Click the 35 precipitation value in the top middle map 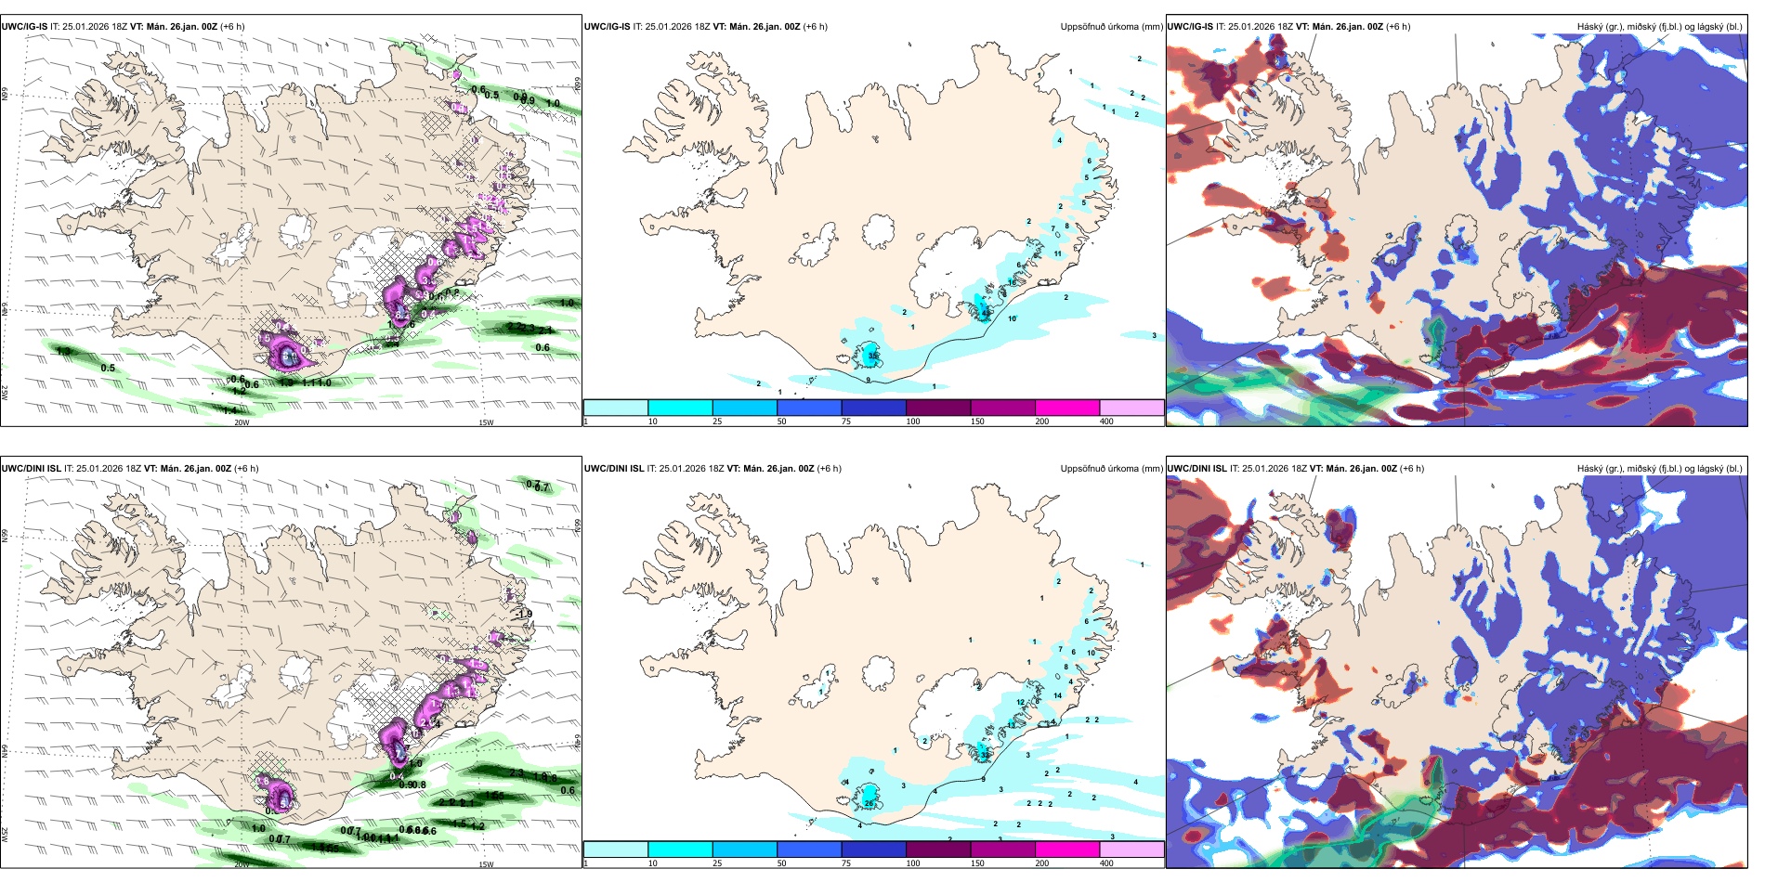[x=872, y=356]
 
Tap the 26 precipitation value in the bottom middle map [x=869, y=803]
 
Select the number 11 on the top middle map [x=1058, y=253]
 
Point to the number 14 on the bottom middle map [x=1058, y=695]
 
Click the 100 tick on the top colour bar [x=913, y=422]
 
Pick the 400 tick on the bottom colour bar [x=1106, y=863]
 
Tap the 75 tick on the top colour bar [x=846, y=422]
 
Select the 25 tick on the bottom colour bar [x=717, y=863]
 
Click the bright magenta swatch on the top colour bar [x=1067, y=408]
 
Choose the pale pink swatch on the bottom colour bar [x=1131, y=850]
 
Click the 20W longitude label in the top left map [x=242, y=422]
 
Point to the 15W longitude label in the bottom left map [x=486, y=864]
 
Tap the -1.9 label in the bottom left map [x=525, y=614]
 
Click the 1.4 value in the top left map [x=229, y=409]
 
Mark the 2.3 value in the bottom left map [x=516, y=773]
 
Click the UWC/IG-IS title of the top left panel [x=24, y=27]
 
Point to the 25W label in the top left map [x=5, y=393]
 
